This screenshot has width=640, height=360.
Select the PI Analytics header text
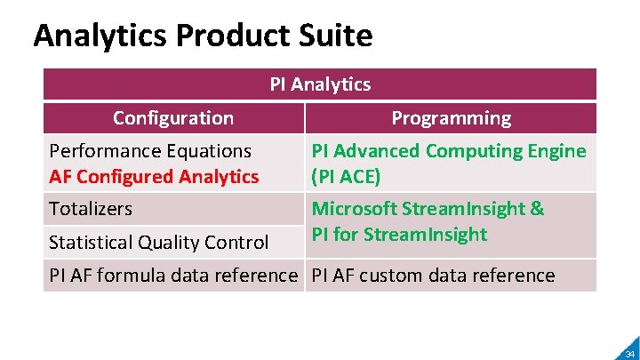coord(320,84)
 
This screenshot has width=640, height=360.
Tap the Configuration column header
coord(173,118)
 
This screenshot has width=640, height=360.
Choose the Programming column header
coord(451,118)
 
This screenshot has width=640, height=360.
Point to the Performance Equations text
coord(150,151)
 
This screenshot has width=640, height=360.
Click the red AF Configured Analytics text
coord(154,177)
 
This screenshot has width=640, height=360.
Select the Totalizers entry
coord(91,209)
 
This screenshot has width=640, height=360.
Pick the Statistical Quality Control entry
coord(158,242)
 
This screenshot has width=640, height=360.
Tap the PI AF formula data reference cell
coord(173,276)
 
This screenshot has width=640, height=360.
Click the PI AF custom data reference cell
coord(433,276)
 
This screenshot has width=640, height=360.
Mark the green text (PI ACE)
coord(346,177)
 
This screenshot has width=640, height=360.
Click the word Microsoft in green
coord(353,209)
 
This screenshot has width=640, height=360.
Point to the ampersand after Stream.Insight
coord(537,209)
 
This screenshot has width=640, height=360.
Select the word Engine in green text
coord(558,151)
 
